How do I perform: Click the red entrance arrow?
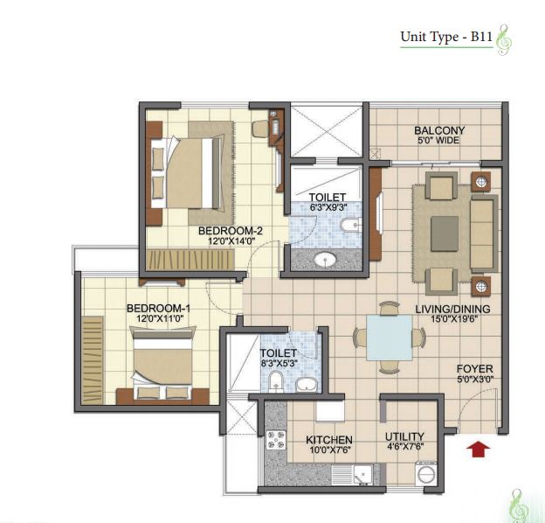478,450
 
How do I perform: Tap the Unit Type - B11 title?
446,37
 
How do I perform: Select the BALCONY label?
439,130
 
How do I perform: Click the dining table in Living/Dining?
390,338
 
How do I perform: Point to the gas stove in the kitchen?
276,440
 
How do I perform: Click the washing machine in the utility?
426,473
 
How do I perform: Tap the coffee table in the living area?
445,234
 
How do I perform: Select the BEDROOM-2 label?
231,231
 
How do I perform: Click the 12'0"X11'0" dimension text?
160,318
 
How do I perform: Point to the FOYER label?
475,369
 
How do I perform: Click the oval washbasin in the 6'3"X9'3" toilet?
325,259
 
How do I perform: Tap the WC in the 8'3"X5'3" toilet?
276,380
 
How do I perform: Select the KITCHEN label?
329,440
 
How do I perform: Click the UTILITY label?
404,436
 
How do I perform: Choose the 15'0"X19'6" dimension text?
454,318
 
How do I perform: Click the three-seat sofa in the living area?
484,234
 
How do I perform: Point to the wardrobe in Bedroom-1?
93,360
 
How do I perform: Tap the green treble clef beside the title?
504,40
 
